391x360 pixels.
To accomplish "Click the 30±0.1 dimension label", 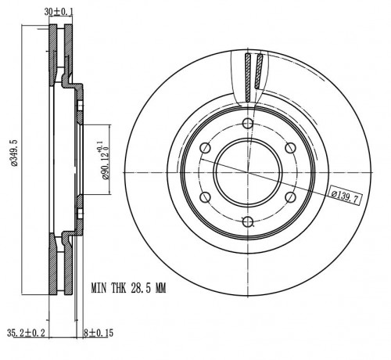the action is (x=59, y=12).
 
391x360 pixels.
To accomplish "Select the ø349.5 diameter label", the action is (x=14, y=153).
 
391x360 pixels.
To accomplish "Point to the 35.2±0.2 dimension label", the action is (x=26, y=333).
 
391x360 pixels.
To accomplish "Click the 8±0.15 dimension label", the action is (x=99, y=333).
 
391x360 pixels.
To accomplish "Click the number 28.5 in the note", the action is (x=141, y=289).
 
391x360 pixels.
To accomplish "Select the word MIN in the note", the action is (x=99, y=289).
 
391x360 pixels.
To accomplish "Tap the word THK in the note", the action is (x=119, y=289).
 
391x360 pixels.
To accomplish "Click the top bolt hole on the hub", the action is (x=248, y=124).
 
